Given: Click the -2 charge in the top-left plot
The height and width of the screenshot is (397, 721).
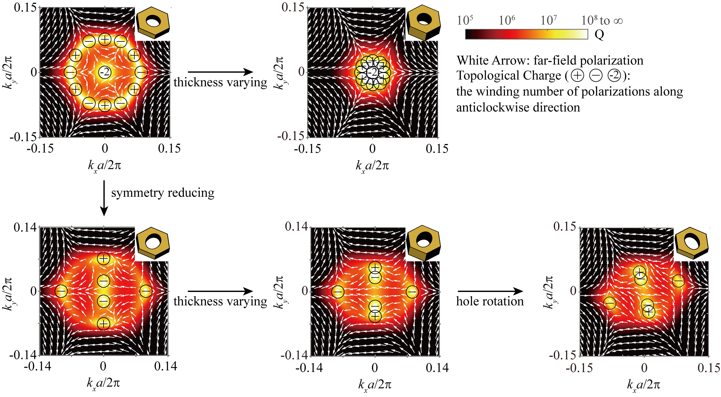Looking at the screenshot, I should click(105, 72).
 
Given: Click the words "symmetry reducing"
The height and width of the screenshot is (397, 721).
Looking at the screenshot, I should click(163, 193).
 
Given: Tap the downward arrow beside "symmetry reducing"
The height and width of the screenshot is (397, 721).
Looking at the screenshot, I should click(104, 198).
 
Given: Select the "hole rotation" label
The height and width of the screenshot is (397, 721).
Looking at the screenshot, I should click(490, 301).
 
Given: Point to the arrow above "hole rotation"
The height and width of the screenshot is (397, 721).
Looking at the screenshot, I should click(490, 291).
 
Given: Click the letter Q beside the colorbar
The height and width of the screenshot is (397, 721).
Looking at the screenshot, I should click(599, 35).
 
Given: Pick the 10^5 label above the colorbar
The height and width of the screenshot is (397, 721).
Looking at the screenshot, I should click(465, 20).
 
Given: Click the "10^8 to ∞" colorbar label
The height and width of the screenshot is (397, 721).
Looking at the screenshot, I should click(602, 20).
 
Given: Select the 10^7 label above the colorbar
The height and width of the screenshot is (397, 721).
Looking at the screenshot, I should click(549, 20).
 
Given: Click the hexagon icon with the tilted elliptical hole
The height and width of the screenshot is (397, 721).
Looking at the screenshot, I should click(691, 244).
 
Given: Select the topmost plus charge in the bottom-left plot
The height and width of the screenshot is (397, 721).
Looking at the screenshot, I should click(104, 258).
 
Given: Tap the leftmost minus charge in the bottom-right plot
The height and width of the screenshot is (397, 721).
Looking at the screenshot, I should click(610, 303).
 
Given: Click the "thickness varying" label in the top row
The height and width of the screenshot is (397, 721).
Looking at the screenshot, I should click(220, 82).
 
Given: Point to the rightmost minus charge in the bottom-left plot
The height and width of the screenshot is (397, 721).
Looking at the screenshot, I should click(146, 291).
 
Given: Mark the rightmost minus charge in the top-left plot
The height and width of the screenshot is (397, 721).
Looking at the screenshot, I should click(141, 72).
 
